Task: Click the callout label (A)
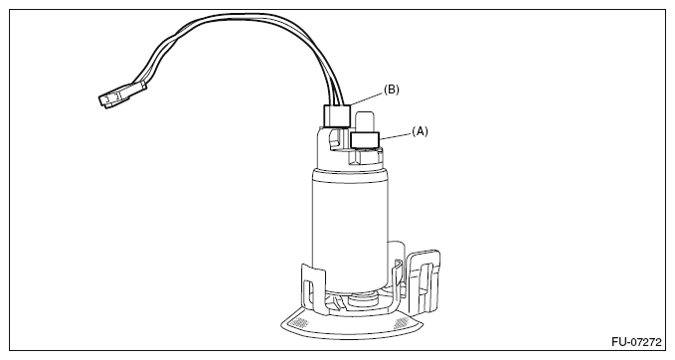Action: tap(420, 131)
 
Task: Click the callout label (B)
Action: tap(392, 90)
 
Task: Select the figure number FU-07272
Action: tap(636, 342)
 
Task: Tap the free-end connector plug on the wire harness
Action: tap(122, 94)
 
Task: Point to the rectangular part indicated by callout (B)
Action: tap(336, 115)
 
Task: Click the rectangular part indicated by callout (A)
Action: tap(365, 140)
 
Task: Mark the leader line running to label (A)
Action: tap(396, 135)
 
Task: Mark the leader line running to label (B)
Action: tap(367, 98)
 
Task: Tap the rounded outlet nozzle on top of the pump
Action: tap(365, 122)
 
